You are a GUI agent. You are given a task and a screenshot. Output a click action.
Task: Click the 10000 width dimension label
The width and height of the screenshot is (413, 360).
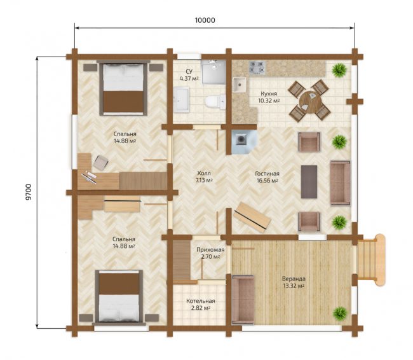(205, 20)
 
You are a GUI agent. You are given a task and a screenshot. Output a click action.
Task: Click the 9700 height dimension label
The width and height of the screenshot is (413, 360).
(29, 192)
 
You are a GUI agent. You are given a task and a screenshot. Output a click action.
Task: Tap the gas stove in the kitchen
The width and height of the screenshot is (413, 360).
(257, 67)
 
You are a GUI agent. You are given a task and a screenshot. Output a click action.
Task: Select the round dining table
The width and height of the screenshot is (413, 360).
(310, 102)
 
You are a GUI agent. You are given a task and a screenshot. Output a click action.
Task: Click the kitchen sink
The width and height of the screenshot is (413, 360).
(239, 85)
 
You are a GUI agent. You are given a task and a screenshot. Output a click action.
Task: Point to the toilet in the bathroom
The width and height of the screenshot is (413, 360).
(215, 102)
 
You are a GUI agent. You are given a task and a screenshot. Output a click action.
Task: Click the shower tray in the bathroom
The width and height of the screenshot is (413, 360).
(213, 72)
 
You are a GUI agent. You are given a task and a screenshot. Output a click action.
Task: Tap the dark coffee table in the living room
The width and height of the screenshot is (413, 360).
(309, 182)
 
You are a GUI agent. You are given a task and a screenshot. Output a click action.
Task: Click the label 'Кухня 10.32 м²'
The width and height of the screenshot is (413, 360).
(269, 97)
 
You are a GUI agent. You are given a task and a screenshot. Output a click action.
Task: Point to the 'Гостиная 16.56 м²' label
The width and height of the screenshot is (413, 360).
(267, 177)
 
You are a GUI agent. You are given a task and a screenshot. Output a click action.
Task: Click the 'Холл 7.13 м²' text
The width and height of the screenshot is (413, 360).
(204, 177)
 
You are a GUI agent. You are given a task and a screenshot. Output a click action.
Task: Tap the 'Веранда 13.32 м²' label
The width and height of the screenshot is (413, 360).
(294, 282)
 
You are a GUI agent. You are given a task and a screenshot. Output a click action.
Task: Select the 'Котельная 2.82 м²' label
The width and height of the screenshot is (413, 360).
(201, 305)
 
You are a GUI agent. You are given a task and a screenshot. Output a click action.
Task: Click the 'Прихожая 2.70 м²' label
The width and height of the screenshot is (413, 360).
(210, 253)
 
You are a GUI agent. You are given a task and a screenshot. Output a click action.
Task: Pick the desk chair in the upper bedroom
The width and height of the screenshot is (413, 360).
(100, 162)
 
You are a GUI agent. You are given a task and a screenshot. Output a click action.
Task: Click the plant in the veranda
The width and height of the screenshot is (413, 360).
(339, 314)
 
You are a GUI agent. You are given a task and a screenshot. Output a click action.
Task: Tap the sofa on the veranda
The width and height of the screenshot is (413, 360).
(243, 300)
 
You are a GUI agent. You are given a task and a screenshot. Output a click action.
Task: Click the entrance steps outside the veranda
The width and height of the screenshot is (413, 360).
(371, 260)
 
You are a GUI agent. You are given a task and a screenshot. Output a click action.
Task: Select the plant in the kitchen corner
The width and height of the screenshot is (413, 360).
(339, 70)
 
